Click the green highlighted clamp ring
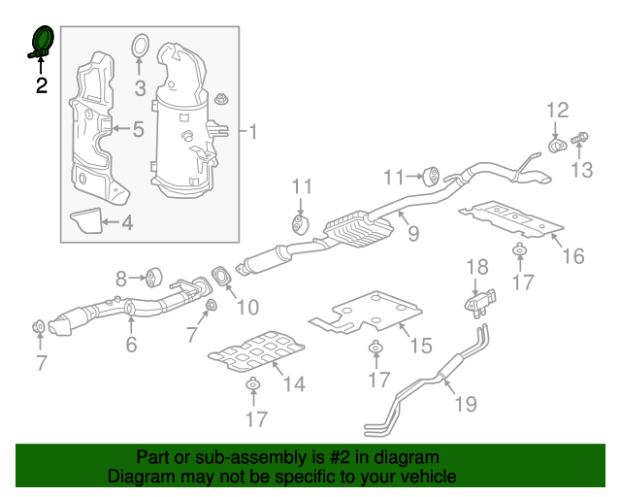pyautogui.click(x=43, y=42)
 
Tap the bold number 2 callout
pyautogui.click(x=42, y=85)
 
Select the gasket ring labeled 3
pyautogui.click(x=139, y=46)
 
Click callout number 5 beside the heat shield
pyautogui.click(x=138, y=128)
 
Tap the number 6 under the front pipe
pyautogui.click(x=131, y=345)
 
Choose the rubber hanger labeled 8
pyautogui.click(x=152, y=278)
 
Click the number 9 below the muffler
pyautogui.click(x=412, y=233)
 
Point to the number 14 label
pyautogui.click(x=294, y=385)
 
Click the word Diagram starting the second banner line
pyautogui.click(x=138, y=477)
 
